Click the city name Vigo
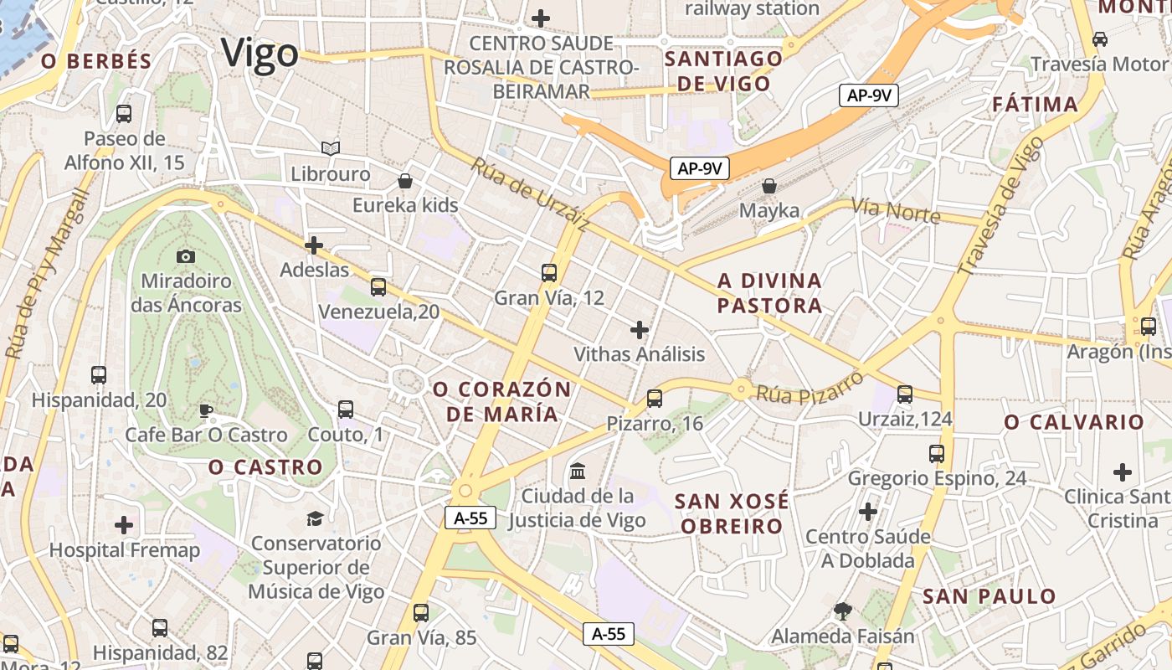tap(260, 54)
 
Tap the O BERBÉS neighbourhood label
tap(96, 61)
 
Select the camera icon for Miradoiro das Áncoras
tap(186, 256)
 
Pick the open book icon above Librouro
tap(331, 149)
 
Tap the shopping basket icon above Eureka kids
tap(405, 181)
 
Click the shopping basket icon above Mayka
tap(769, 186)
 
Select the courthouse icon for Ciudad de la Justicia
tap(578, 472)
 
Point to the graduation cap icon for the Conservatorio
tap(315, 518)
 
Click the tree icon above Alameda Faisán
tap(842, 611)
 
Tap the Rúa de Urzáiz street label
tap(529, 194)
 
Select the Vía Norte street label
tap(895, 210)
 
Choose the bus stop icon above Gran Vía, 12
tap(549, 273)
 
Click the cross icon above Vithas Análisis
tap(640, 330)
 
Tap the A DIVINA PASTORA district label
tap(769, 293)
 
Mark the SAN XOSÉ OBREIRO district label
tap(731, 513)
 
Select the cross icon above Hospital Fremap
tap(124, 526)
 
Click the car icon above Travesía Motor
tap(1100, 39)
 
